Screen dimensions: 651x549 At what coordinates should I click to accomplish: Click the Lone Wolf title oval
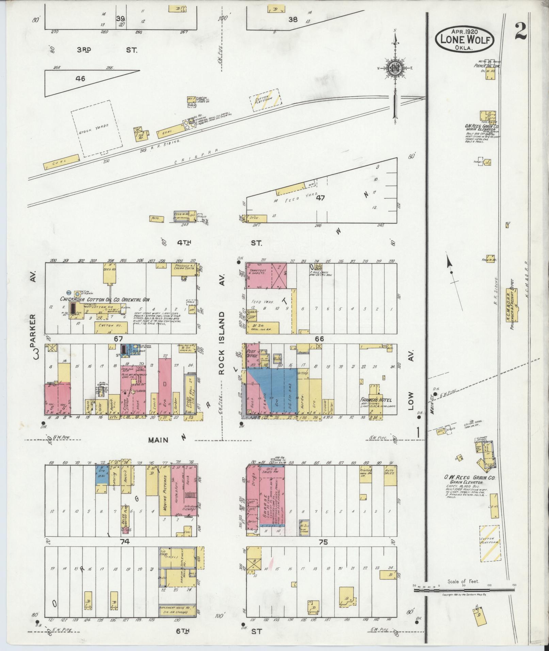pos(464,39)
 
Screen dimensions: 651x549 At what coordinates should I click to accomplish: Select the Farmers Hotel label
pos(375,400)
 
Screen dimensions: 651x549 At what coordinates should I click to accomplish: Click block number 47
pos(320,197)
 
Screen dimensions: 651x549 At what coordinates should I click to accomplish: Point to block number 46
pos(80,79)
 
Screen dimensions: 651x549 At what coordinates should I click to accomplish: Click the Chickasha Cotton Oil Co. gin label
pos(106,299)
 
